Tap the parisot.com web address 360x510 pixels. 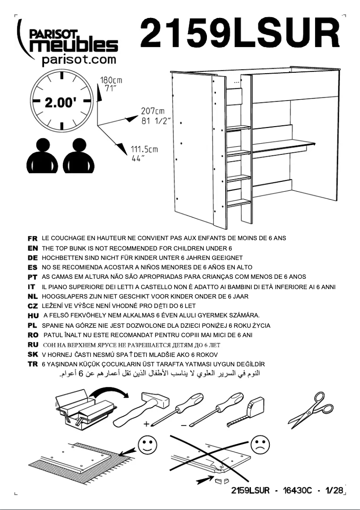pos(79,59)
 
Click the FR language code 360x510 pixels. pos(32,238)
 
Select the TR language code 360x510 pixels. pos(32,364)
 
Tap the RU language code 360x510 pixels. pos(32,345)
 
